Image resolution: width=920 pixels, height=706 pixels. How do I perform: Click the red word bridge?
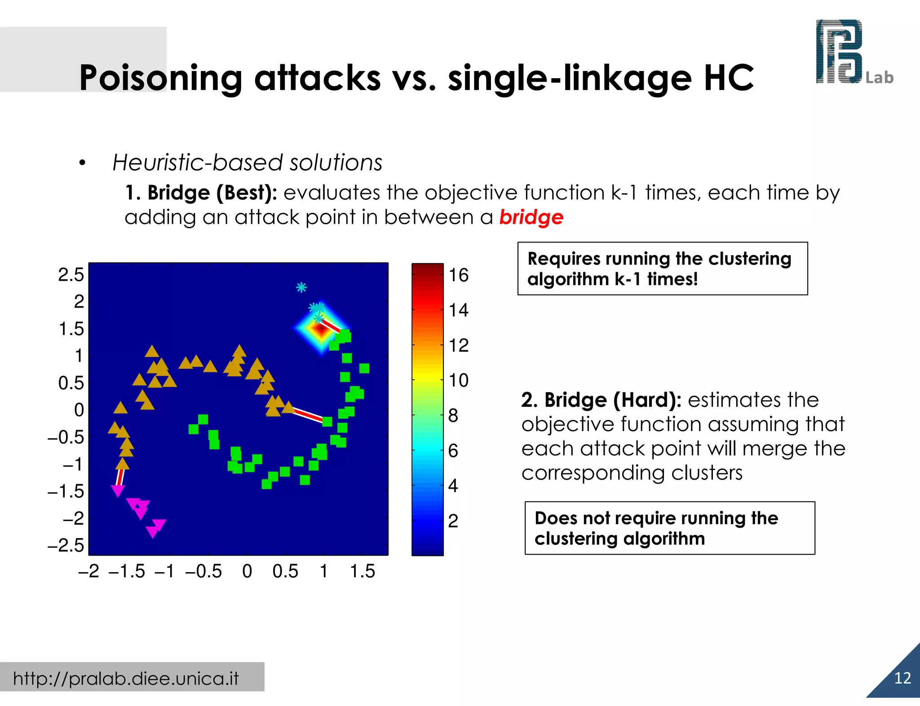tap(531, 217)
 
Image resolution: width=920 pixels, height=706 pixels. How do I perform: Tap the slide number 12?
tap(902, 678)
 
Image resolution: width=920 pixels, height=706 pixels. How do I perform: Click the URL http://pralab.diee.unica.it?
tap(126, 678)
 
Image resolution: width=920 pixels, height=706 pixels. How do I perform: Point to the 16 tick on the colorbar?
tap(458, 275)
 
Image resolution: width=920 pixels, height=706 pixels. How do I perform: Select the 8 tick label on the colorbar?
tap(453, 415)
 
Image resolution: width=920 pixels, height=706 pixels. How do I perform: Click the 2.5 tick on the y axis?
tap(71, 274)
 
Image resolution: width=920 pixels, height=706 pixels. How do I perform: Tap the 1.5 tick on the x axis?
tap(362, 571)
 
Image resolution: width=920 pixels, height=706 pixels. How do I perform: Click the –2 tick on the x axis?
tap(89, 571)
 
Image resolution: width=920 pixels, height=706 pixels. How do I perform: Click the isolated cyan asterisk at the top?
tap(301, 287)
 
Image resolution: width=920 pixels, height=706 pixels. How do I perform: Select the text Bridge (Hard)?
tap(602, 400)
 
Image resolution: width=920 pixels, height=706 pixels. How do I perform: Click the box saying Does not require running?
tap(669, 528)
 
